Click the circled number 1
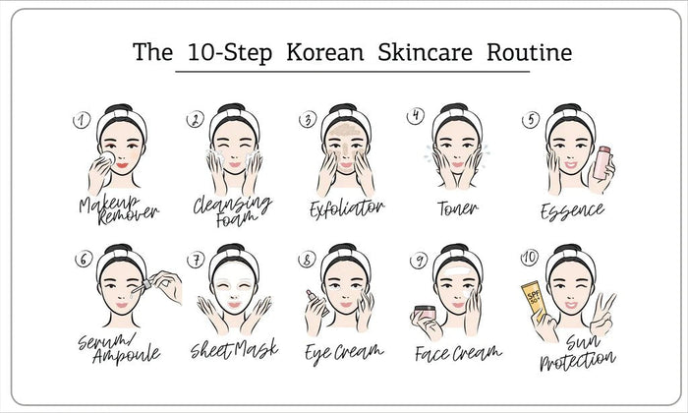point(82,120)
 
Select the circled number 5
point(530,119)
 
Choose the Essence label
point(572,210)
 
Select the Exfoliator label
point(345,208)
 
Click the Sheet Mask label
point(233,349)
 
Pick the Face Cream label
point(457,351)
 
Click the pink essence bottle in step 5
point(602,162)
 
